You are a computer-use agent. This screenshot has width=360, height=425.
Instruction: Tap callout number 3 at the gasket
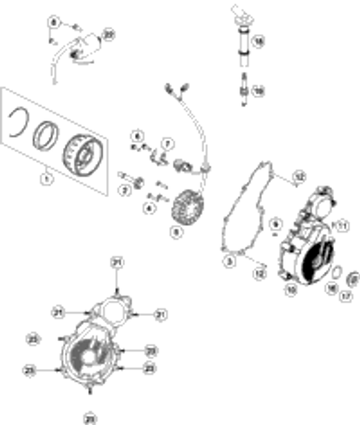[x=229, y=261]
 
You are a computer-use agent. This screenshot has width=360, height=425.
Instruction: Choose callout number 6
[x=138, y=135]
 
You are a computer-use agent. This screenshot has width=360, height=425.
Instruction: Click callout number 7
[x=167, y=144]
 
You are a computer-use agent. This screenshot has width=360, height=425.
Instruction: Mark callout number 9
[x=275, y=222]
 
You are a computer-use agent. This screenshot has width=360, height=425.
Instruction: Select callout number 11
[x=342, y=225]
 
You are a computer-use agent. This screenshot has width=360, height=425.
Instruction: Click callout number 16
[x=333, y=287]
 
